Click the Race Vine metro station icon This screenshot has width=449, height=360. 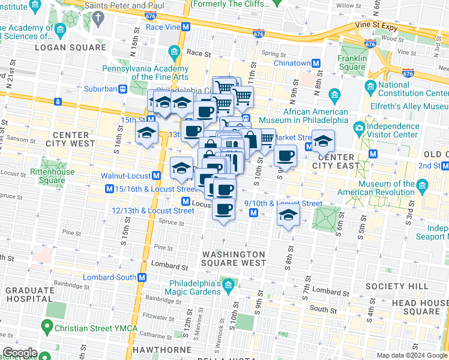tap(186, 27)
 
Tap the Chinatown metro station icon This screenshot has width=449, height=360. tap(316, 63)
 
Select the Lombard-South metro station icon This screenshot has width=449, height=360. tap(142, 277)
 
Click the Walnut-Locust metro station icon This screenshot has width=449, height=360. tap(155, 176)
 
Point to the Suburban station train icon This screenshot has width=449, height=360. tap(122, 89)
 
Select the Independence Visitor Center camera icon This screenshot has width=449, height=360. tap(359, 127)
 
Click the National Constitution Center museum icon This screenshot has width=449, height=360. tap(370, 85)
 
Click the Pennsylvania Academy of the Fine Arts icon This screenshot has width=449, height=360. tap(174, 52)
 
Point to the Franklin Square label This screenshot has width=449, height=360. tap(352, 62)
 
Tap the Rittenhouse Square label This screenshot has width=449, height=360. tap(47, 176)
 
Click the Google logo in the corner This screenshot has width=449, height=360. tap(20, 353)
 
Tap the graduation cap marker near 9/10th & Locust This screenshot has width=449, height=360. tap(289, 217)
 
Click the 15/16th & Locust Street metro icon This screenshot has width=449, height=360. tap(109, 189)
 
